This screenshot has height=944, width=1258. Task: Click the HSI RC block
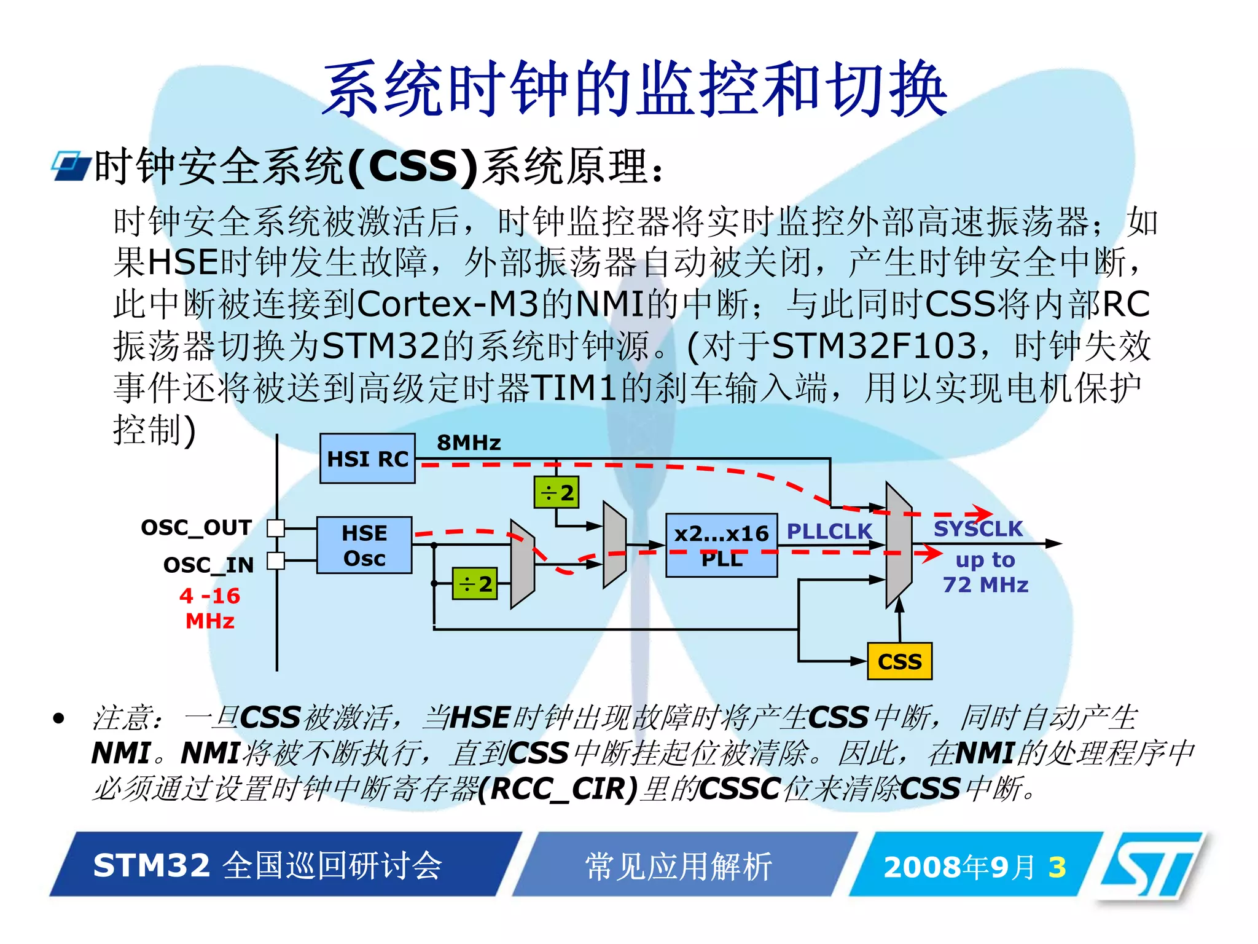click(x=367, y=458)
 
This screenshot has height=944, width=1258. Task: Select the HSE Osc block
click(x=364, y=545)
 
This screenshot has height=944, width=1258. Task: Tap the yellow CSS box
click(x=899, y=661)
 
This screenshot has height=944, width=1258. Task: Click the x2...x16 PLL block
click(x=721, y=545)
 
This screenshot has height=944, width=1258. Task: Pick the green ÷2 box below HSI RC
click(x=557, y=492)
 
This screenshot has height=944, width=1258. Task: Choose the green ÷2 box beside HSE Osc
click(x=475, y=583)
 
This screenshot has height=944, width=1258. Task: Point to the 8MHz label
click(x=469, y=442)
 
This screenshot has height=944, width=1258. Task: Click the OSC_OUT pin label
click(x=197, y=527)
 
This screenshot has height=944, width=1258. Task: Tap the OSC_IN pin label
click(x=208, y=565)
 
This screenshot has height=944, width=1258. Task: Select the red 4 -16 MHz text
click(x=210, y=608)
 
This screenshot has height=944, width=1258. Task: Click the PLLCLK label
click(x=829, y=531)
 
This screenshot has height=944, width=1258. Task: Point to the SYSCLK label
click(x=978, y=529)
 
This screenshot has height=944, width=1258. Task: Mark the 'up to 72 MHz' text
click(x=985, y=572)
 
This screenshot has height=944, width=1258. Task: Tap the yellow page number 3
click(x=1057, y=867)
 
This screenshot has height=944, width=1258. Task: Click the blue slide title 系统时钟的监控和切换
click(x=635, y=89)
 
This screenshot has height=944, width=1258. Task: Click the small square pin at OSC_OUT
click(x=276, y=528)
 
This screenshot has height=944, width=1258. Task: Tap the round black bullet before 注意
click(x=59, y=718)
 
